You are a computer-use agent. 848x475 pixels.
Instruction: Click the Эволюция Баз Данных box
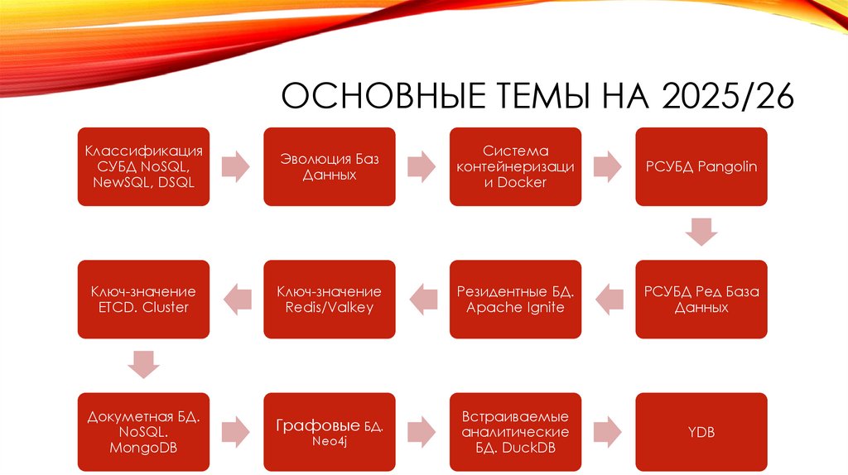pos(330,166)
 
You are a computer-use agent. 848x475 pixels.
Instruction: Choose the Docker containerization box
pos(515,166)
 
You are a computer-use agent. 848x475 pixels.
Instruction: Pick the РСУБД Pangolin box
pos(701,166)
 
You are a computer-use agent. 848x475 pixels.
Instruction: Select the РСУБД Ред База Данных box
pos(701,299)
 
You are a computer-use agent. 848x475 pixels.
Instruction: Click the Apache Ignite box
pos(515,299)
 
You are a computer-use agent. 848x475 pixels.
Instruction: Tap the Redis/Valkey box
pos(330,299)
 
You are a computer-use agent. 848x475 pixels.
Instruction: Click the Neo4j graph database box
pos(330,431)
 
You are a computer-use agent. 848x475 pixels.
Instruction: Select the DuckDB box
pos(515,431)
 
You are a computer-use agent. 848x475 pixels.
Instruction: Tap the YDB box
pos(701,431)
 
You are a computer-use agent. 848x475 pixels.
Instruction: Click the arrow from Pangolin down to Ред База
pos(701,232)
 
